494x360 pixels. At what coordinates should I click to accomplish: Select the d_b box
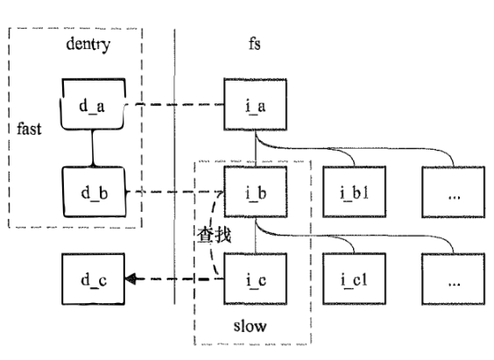tap(94, 191)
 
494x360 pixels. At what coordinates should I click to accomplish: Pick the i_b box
tap(254, 191)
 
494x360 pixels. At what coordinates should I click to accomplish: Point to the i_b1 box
tap(354, 191)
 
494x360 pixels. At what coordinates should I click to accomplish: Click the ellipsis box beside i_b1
tap(453, 191)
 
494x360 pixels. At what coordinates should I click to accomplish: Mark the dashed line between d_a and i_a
tap(175, 106)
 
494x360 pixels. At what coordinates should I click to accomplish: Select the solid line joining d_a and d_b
tap(94, 149)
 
